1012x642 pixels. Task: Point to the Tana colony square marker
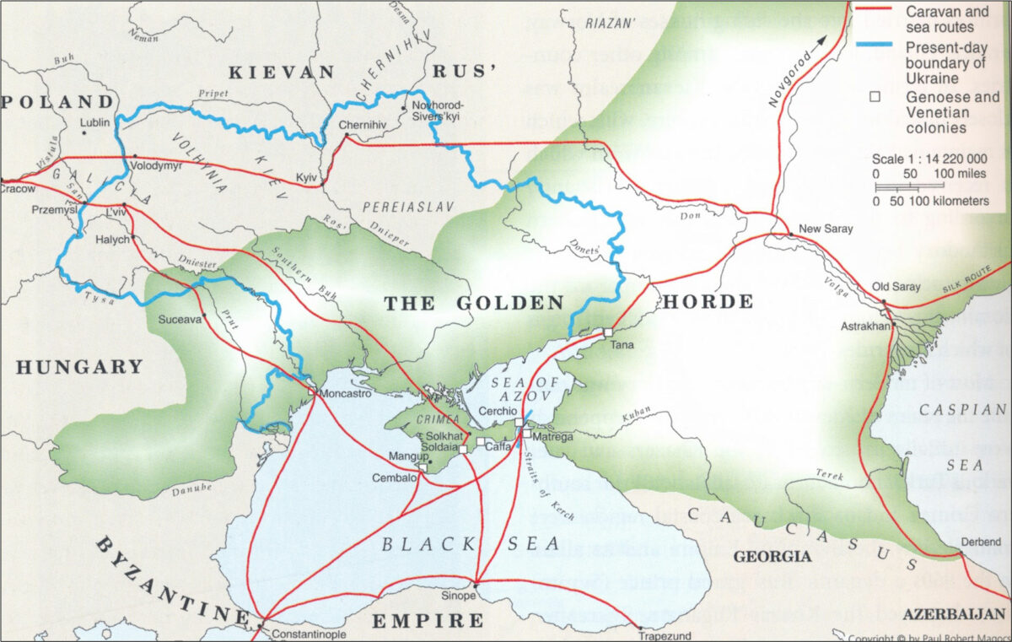606,332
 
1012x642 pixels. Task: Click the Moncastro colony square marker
312,392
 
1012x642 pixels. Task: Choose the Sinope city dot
476,585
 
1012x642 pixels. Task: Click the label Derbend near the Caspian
980,542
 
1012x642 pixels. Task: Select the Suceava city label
180,320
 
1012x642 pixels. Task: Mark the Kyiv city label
305,177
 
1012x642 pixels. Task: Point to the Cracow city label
18,188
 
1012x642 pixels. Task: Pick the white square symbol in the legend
875,97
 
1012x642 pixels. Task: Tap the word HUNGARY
78,367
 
